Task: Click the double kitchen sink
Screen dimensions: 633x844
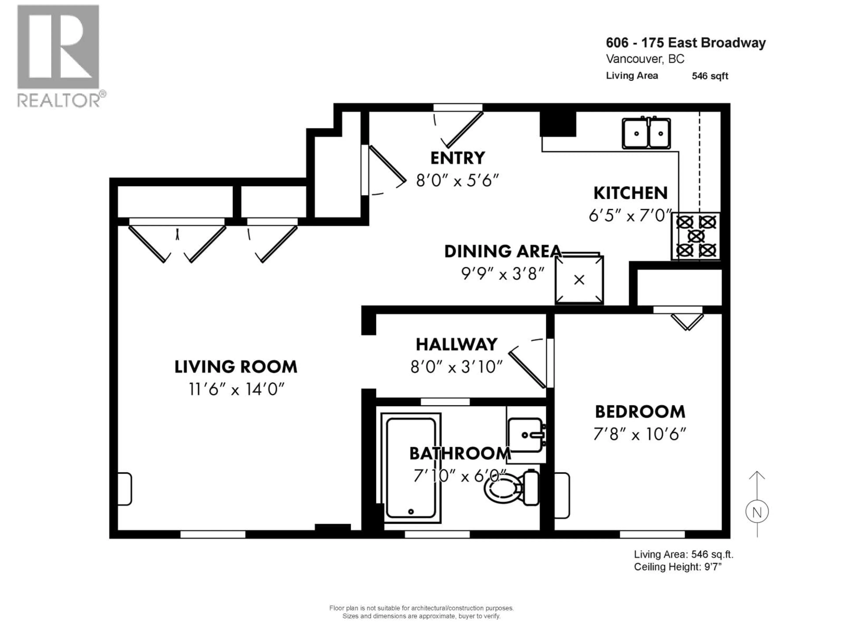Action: click(x=646, y=134)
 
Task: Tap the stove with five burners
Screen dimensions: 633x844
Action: click(x=696, y=236)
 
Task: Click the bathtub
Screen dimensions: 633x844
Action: click(x=411, y=468)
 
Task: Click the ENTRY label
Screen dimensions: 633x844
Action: click(x=457, y=158)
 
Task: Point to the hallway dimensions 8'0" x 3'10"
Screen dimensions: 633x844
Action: click(x=456, y=367)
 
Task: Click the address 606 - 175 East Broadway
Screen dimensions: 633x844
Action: click(x=686, y=43)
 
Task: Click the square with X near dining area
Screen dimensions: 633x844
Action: click(x=579, y=280)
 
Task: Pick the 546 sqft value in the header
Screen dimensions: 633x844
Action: click(x=710, y=76)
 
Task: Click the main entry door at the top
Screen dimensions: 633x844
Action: click(x=462, y=128)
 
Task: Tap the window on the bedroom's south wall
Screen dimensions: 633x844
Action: click(x=652, y=534)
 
